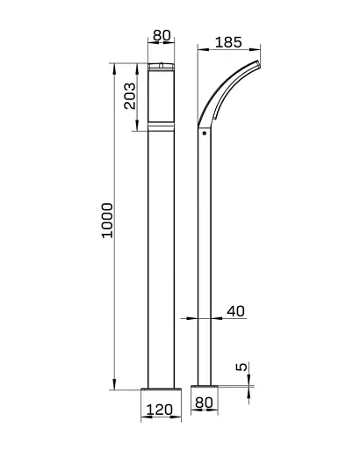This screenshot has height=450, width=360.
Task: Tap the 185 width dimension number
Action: point(227,41)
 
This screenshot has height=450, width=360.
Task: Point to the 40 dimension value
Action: point(235,310)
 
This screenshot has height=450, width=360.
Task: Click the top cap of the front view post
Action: point(162,66)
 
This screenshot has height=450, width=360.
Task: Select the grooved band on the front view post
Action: point(162,129)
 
